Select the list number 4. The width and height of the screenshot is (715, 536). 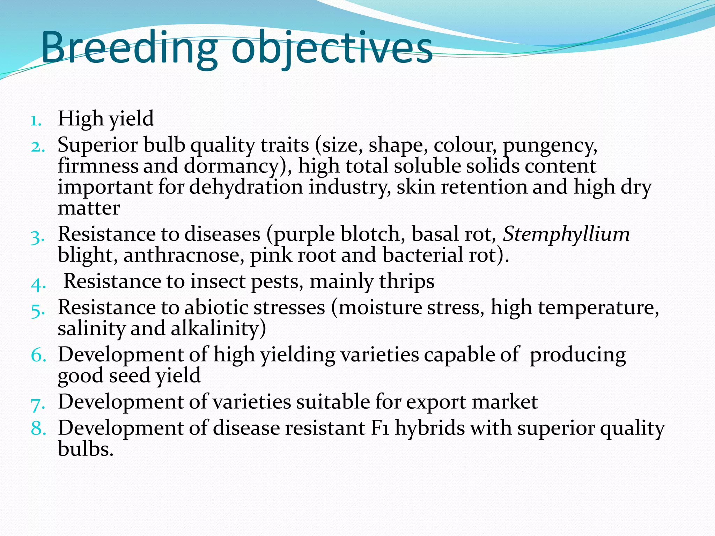(38, 284)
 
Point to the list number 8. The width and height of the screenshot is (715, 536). (38, 429)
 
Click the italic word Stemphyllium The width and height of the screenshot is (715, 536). (566, 234)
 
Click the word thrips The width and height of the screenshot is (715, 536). (407, 281)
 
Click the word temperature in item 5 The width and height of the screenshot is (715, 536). (598, 308)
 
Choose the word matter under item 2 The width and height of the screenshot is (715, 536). (89, 208)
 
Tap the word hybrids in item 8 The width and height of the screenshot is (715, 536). (430, 428)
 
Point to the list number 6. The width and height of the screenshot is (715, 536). (38, 355)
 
